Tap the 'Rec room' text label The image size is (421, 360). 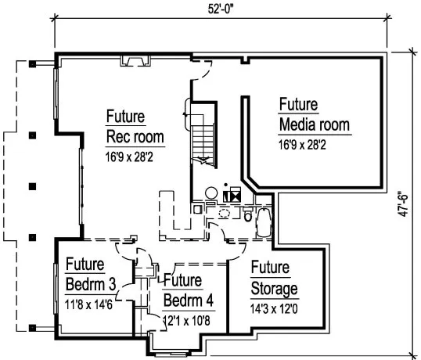click(135, 138)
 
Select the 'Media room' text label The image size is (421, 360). click(314, 125)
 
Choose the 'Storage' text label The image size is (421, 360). click(274, 289)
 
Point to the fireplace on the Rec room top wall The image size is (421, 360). click(135, 59)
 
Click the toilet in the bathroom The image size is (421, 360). click(249, 216)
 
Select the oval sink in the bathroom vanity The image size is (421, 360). click(226, 211)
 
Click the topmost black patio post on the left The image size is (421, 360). click(31, 65)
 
